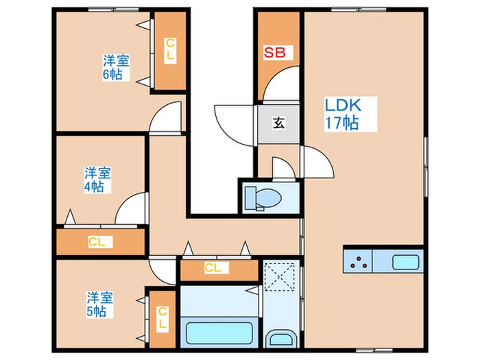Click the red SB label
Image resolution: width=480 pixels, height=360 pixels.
(x=274, y=52)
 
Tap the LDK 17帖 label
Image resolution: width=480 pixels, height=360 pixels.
(x=343, y=115)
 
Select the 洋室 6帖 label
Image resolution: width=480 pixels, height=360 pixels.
(x=116, y=67)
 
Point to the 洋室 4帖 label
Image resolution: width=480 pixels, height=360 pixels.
(x=97, y=180)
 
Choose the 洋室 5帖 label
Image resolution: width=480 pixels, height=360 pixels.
(x=100, y=304)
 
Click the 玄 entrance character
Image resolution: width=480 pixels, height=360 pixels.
(x=278, y=123)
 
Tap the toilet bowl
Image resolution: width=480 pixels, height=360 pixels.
(x=263, y=198)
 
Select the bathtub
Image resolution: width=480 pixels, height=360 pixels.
(x=219, y=333)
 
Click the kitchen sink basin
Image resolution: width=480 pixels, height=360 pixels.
(x=406, y=263)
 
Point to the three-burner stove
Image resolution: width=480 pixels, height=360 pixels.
(x=358, y=261)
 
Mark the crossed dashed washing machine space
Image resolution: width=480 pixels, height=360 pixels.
(x=279, y=277)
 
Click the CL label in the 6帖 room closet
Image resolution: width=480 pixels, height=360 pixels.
(x=170, y=50)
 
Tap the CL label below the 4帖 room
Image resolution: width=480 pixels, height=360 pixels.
(x=97, y=242)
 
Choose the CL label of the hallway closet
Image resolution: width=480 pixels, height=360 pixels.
(x=213, y=268)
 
